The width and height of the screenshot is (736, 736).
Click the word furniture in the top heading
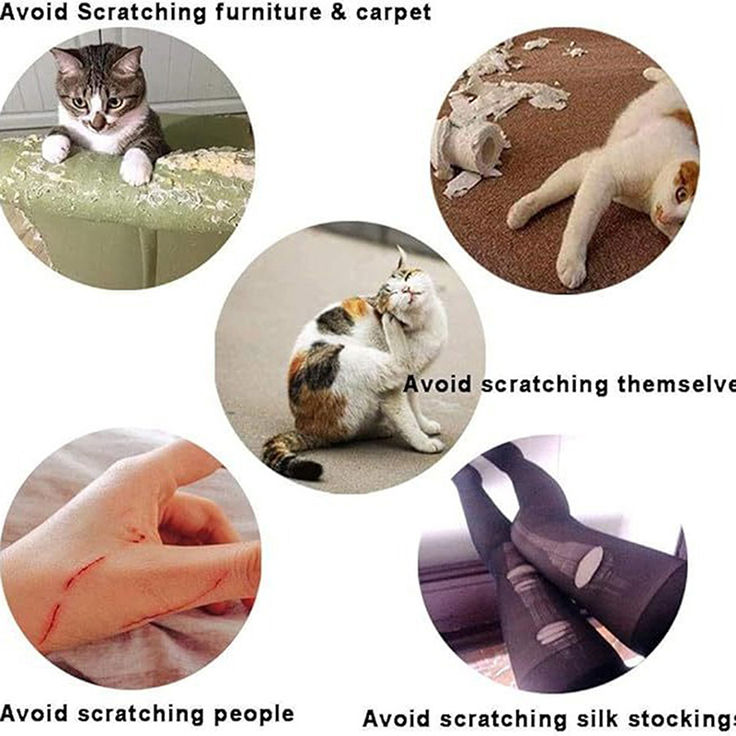coord(269,12)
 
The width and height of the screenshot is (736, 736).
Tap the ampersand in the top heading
coord(339,12)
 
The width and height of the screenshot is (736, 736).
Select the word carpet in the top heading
coord(394,13)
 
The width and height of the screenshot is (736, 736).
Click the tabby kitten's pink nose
coord(98,122)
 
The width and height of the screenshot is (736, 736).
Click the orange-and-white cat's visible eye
coord(681,193)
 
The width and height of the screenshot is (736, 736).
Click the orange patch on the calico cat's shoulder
coord(355,308)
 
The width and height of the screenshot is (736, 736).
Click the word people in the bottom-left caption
coord(255,716)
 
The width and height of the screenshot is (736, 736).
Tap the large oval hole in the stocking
coord(589,567)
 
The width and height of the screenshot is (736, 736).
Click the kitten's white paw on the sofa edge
coord(136,167)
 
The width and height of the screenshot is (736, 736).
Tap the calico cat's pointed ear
coord(401,258)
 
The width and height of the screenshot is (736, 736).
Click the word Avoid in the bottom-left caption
coord(34,714)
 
